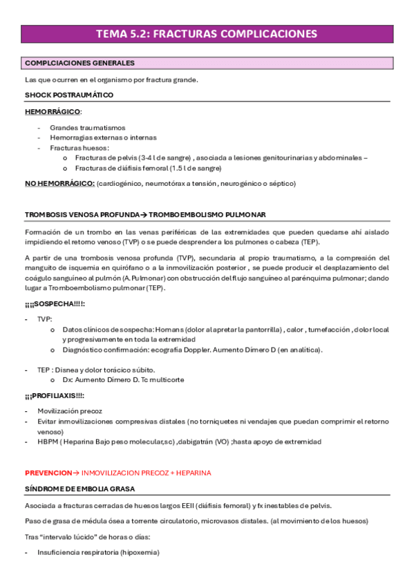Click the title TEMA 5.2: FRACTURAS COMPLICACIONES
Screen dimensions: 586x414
point(207,34)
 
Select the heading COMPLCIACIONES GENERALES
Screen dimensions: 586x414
point(79,63)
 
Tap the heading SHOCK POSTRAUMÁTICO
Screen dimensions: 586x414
point(69,95)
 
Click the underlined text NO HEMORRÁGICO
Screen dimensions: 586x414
point(59,183)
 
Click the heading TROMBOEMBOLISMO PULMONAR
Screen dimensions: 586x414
point(207,215)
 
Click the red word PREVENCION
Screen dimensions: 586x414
point(48,473)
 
